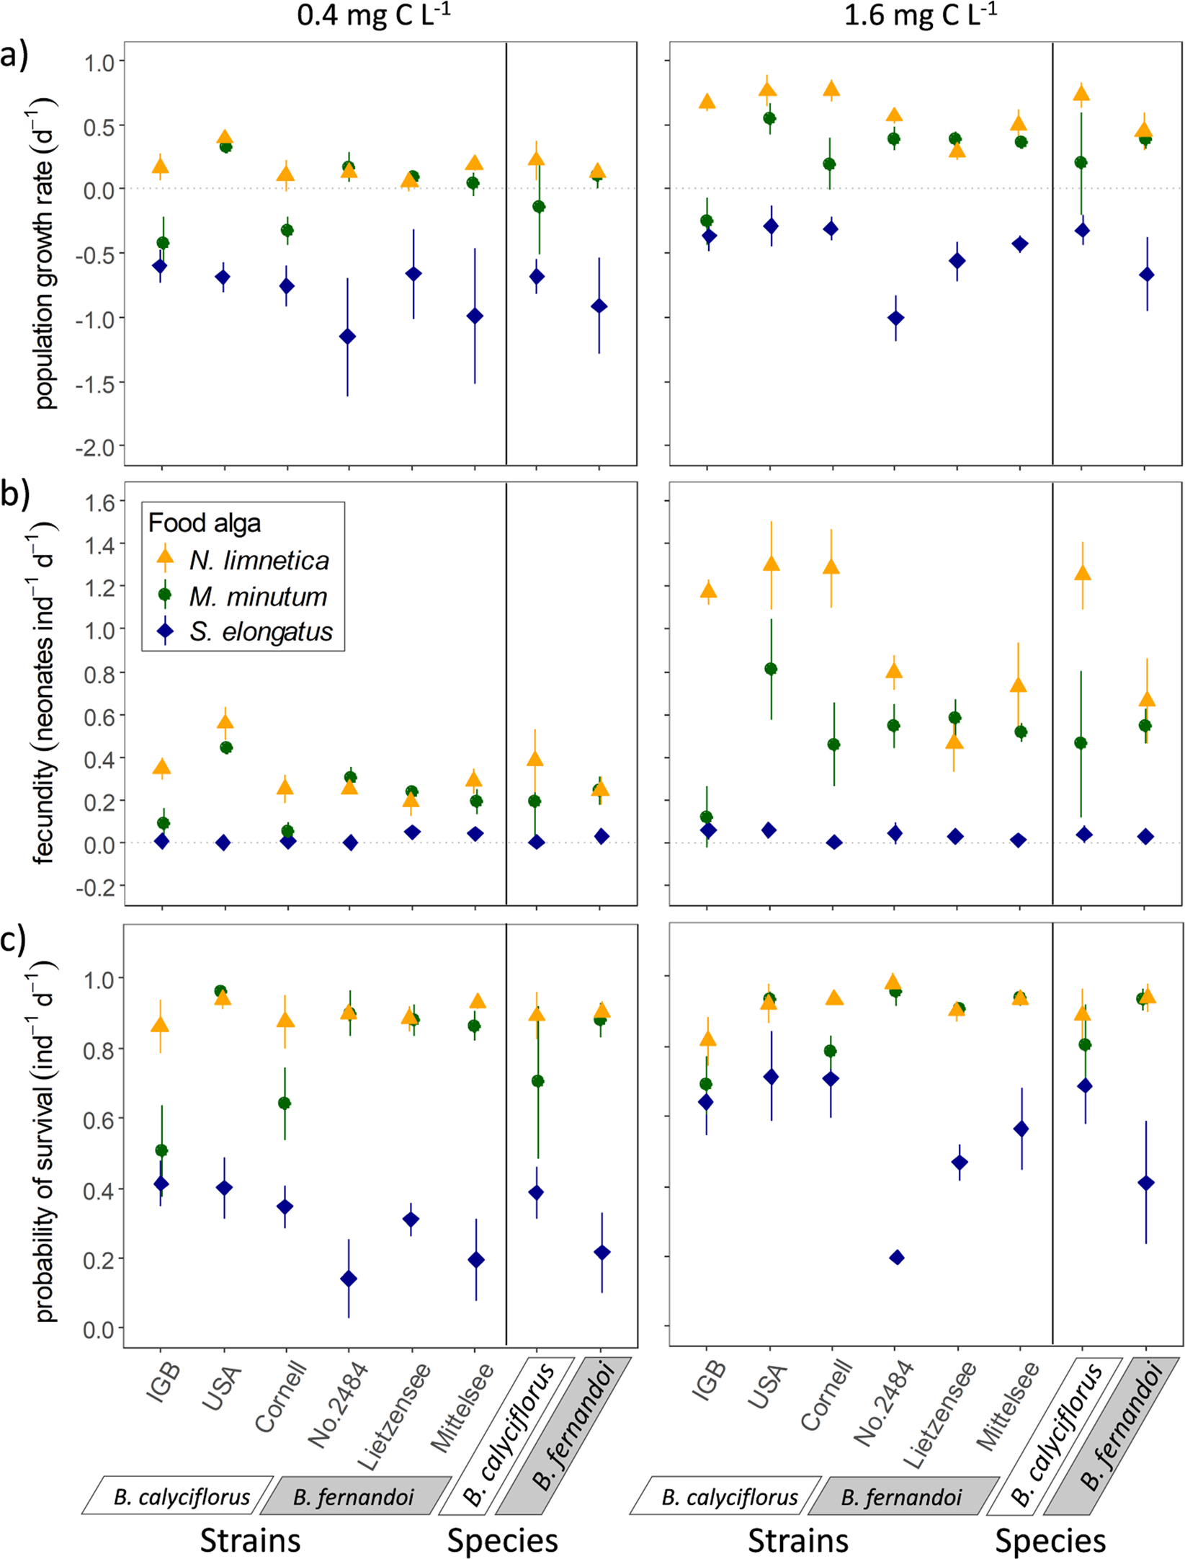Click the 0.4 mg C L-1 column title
click(373, 16)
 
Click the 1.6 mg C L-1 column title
click(920, 16)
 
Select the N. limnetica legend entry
click(258, 560)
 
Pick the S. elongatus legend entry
click(260, 631)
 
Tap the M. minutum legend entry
click(257, 596)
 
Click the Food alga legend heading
click(204, 523)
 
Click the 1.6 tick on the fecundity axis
click(99, 503)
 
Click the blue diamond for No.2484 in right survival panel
click(897, 1257)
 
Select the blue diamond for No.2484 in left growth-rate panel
click(347, 337)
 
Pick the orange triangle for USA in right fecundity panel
click(771, 563)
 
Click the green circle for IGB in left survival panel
click(161, 1150)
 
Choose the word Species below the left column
click(502, 1540)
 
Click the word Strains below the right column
click(797, 1540)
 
